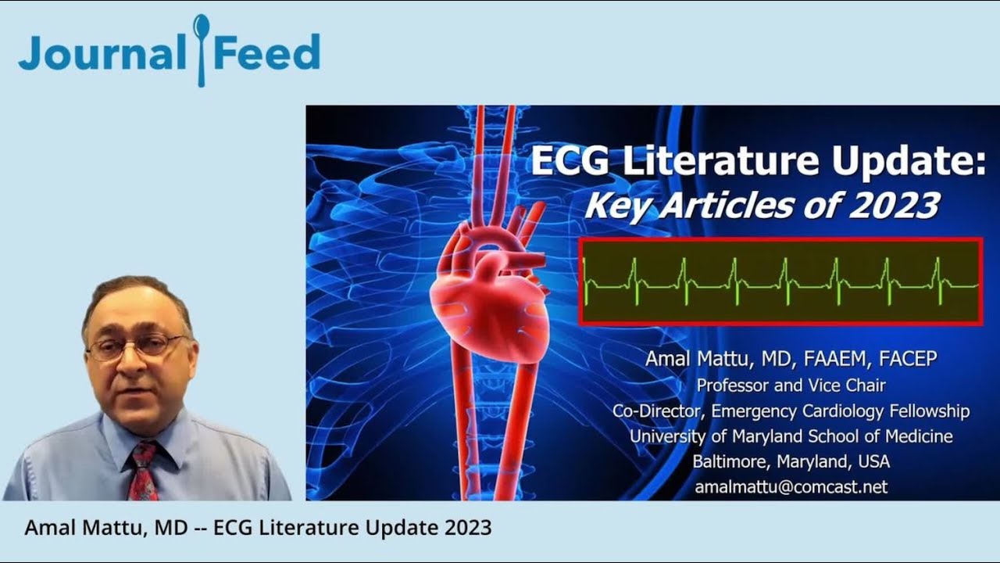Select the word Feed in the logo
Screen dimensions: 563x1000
tap(267, 52)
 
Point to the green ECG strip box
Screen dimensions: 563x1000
tap(780, 281)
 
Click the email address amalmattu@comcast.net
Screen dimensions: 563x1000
tap(791, 486)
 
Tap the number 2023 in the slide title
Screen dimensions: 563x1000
tap(892, 206)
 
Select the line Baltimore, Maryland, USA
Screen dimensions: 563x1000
tap(791, 461)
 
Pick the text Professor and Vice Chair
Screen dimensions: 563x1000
tap(791, 385)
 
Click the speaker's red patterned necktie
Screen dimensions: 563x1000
tap(142, 469)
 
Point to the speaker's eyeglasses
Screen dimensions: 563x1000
tap(137, 346)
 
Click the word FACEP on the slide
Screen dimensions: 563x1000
tap(908, 359)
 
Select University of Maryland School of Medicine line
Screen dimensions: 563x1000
tap(791, 436)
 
